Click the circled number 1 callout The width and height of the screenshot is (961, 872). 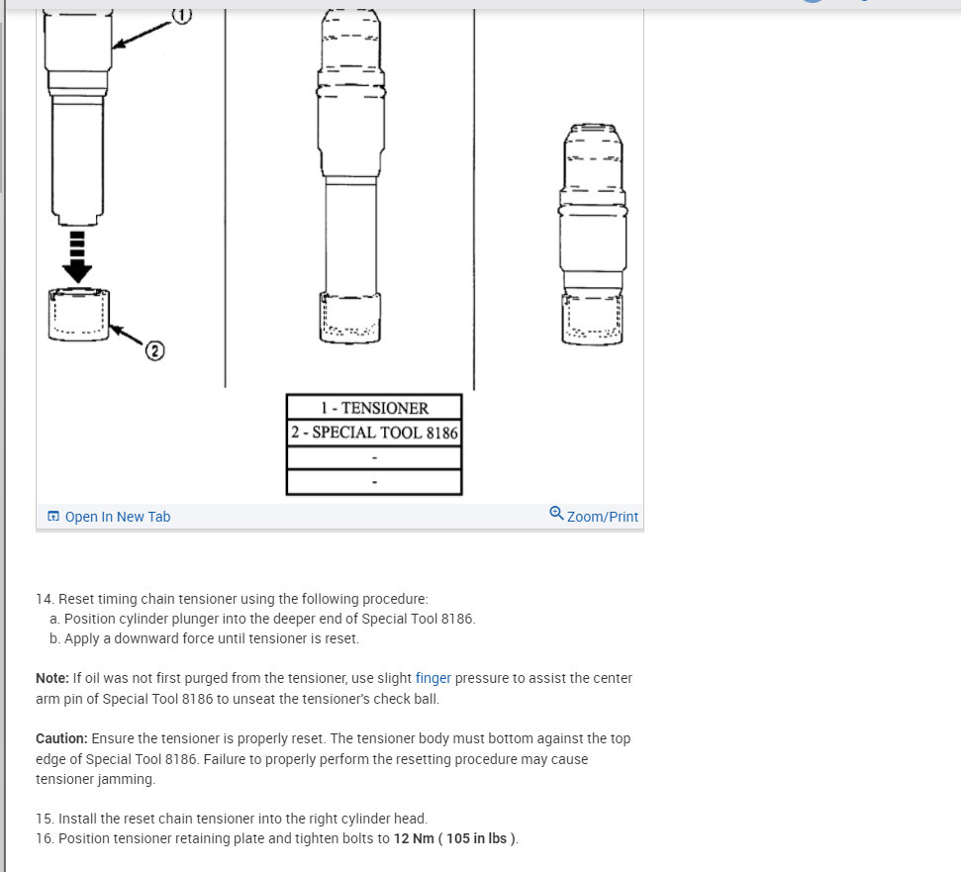[x=181, y=15]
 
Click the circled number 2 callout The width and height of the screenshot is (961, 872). [x=154, y=350]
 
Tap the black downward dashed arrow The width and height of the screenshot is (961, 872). [x=77, y=256]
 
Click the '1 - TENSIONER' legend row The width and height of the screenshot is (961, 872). [x=374, y=408]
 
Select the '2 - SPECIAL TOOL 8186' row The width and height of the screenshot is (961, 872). [x=374, y=433]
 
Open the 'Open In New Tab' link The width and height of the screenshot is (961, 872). [x=117, y=517]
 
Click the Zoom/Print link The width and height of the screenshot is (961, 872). [x=603, y=517]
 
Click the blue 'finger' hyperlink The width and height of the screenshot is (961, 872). [x=432, y=678]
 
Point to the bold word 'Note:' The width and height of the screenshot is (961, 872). [x=52, y=678]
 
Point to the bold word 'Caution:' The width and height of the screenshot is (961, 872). [x=61, y=738]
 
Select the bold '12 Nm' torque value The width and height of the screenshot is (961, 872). [x=414, y=838]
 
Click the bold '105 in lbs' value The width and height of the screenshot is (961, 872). [x=476, y=838]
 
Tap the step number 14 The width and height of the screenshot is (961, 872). [x=45, y=599]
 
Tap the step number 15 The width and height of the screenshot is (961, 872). [x=45, y=819]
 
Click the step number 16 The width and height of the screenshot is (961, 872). [x=45, y=838]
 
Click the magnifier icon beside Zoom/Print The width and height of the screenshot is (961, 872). [x=556, y=513]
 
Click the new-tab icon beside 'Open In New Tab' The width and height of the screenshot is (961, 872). [x=53, y=516]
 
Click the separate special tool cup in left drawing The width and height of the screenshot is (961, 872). [x=78, y=315]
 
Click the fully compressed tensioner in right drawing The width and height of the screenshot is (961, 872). [x=593, y=235]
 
